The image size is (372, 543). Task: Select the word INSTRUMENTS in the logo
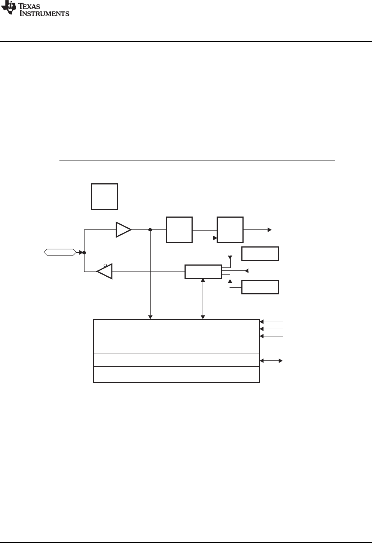(x=44, y=14)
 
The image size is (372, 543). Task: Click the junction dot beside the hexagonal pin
(x=84, y=253)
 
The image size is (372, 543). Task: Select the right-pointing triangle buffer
(x=123, y=229)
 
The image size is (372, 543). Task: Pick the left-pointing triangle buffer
(x=104, y=271)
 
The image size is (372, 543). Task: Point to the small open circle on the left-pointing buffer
(x=105, y=265)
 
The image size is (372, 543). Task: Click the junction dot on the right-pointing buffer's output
(x=150, y=230)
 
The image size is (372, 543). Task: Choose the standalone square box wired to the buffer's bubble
(x=105, y=197)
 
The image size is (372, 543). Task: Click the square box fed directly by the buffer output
(x=179, y=230)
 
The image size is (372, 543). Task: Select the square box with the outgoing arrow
(x=230, y=230)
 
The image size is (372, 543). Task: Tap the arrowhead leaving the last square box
(x=270, y=230)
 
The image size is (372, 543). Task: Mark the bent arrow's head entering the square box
(x=215, y=238)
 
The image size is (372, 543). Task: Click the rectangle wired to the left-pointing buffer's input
(x=203, y=271)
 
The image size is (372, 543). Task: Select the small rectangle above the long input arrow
(x=260, y=253)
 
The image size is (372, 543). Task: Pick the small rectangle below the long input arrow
(x=260, y=287)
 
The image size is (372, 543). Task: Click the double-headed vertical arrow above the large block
(x=203, y=299)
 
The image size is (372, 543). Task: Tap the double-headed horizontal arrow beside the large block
(x=271, y=360)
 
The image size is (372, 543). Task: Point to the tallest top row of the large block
(x=176, y=330)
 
